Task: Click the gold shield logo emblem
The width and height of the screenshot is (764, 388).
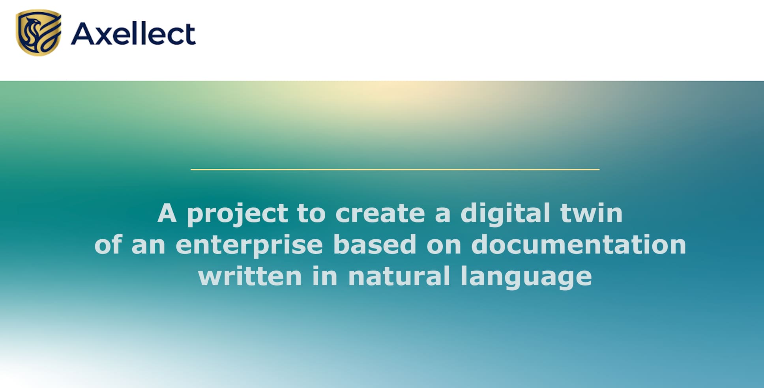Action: coord(38,33)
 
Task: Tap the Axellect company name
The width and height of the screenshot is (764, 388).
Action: coord(133,34)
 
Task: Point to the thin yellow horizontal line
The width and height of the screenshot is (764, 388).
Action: coord(395,170)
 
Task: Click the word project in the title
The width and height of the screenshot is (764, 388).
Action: coord(237,215)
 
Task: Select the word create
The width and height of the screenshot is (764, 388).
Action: coord(380,213)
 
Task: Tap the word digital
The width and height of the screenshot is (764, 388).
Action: coord(505,215)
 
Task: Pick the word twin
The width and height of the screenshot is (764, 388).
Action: coord(592,213)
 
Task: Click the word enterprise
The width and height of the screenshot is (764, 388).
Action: coord(249,246)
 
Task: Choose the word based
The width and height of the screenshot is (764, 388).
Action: coord(375,244)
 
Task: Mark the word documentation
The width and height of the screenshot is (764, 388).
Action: coord(579,244)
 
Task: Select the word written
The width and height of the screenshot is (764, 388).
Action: coord(250,276)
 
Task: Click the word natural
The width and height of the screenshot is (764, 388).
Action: coord(399,276)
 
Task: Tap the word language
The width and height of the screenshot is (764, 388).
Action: coord(526,278)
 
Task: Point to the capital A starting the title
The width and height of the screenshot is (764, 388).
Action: coord(167,213)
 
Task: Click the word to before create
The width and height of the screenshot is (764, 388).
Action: coord(311,214)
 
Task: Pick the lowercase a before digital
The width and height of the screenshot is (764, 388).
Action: coord(443,216)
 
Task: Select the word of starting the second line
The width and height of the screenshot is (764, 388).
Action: coord(108,244)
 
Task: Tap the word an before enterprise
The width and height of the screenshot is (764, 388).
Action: coord(148,247)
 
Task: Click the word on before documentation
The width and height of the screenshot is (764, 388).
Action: coord(444,247)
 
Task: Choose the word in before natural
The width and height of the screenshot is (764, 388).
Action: coord(325,276)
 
